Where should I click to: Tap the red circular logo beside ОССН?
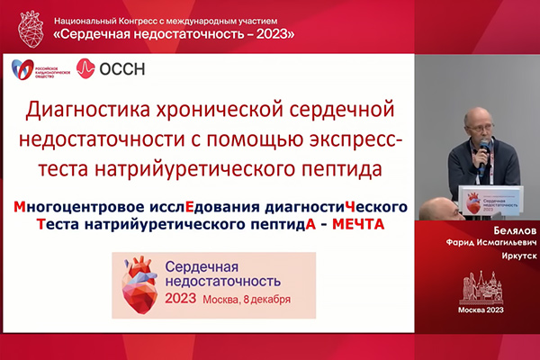[x=86, y=67]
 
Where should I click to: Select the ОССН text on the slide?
[x=122, y=67]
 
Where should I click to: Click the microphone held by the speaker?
[x=483, y=148]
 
